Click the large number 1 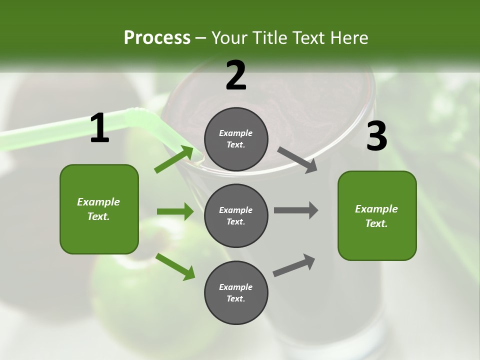pos(99,128)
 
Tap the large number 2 pos(236,75)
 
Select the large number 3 pos(376,136)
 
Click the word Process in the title pos(157,37)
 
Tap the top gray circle pos(236,139)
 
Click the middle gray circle pos(236,215)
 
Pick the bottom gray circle pos(236,292)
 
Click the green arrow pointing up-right pos(174,159)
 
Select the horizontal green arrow pos(175,211)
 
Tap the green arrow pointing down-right pos(175,266)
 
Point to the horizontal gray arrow pos(296,210)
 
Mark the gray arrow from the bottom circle pos(294,265)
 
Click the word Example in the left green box pos(98,202)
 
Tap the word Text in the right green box pos(376,223)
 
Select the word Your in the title pos(228,37)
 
